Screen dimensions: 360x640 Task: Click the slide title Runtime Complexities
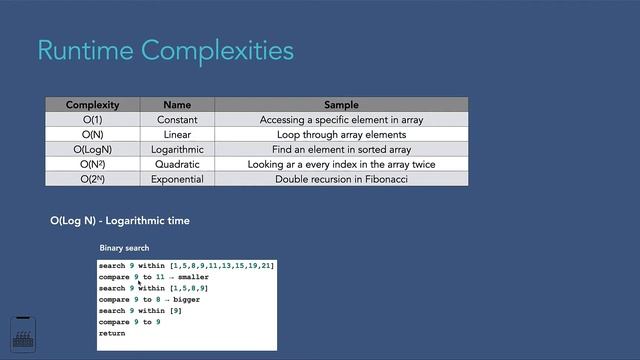165,50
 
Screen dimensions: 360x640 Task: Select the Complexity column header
93,105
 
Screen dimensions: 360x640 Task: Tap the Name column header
177,105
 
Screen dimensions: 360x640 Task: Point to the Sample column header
341,105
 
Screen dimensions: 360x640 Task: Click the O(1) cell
93,120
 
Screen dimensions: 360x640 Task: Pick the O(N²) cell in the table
93,164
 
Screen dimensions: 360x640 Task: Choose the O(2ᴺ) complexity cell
93,179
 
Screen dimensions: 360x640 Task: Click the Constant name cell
177,120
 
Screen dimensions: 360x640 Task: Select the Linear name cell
177,134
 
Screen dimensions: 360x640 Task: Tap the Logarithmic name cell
177,149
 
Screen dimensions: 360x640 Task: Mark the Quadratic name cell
177,164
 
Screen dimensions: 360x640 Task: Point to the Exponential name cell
177,179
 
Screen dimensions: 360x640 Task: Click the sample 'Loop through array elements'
341,134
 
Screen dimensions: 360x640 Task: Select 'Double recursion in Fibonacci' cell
341,179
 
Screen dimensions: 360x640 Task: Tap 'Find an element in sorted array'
341,149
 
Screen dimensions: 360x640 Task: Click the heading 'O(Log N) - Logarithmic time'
120,220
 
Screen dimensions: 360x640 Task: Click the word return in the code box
112,333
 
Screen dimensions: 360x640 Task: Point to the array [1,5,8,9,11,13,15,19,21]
222,266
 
